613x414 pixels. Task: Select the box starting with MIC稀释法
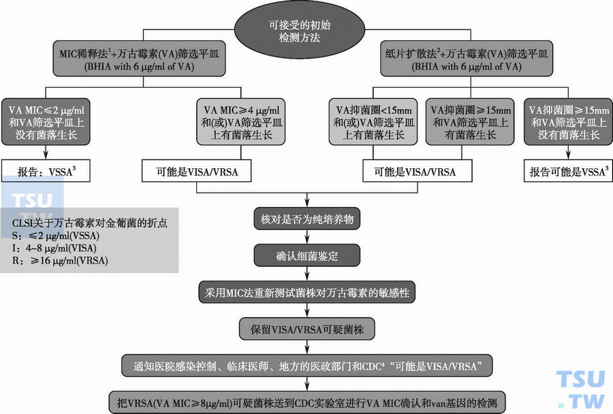142,59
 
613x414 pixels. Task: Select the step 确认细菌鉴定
306,257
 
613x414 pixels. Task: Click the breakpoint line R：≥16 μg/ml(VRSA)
61,260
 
